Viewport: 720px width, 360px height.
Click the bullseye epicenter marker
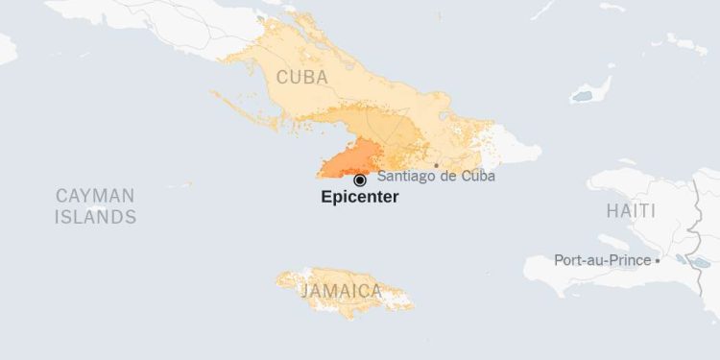pyautogui.click(x=360, y=180)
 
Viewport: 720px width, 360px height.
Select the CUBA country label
pyautogui.click(x=301, y=77)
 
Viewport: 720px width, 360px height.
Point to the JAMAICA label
pyautogui.click(x=341, y=291)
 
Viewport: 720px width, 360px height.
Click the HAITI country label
pyautogui.click(x=631, y=210)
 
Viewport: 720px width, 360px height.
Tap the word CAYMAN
pyautogui.click(x=95, y=196)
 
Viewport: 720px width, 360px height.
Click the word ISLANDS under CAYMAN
pyautogui.click(x=95, y=217)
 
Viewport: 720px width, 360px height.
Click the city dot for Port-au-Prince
pyautogui.click(x=658, y=260)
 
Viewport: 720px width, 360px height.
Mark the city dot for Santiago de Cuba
pyautogui.click(x=437, y=165)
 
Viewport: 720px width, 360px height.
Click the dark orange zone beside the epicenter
pyautogui.click(x=350, y=159)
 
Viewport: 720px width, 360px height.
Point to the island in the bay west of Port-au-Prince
pyautogui.click(x=613, y=243)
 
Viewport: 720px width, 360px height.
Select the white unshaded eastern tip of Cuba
pyautogui.click(x=518, y=149)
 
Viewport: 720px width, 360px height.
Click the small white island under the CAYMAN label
pyautogui.click(x=97, y=208)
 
